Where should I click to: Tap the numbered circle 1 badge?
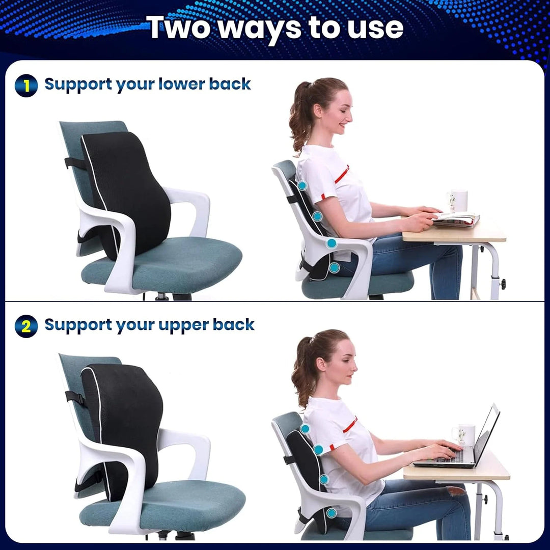click(x=26, y=85)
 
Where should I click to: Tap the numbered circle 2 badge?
click(x=26, y=326)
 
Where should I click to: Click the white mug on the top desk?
click(x=458, y=201)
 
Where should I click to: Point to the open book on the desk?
click(x=457, y=219)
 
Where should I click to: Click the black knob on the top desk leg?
click(x=503, y=283)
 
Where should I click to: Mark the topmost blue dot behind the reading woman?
click(x=302, y=185)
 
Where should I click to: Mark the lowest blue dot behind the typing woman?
click(x=332, y=513)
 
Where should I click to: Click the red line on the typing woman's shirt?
click(x=350, y=425)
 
